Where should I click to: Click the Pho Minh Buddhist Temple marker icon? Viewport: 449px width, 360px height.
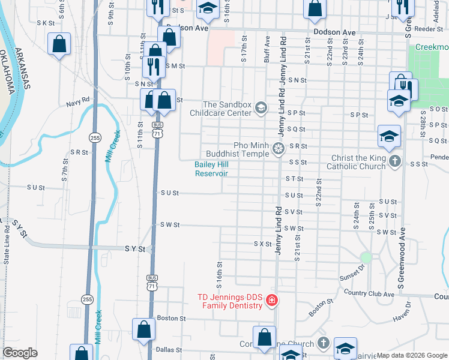pos(278,148)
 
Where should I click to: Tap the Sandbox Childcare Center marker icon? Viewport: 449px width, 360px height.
pos(261,108)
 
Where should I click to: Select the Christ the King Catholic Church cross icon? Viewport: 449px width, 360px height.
pos(394,161)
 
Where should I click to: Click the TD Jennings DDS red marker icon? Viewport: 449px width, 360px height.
pos(271,300)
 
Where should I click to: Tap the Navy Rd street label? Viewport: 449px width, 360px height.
pos(78,103)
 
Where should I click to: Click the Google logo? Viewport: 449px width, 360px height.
pos(20,353)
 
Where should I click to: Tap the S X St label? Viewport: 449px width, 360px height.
pos(262,244)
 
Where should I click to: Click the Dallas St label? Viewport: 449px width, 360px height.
pos(169,349)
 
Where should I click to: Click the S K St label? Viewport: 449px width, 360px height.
pos(46,23)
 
